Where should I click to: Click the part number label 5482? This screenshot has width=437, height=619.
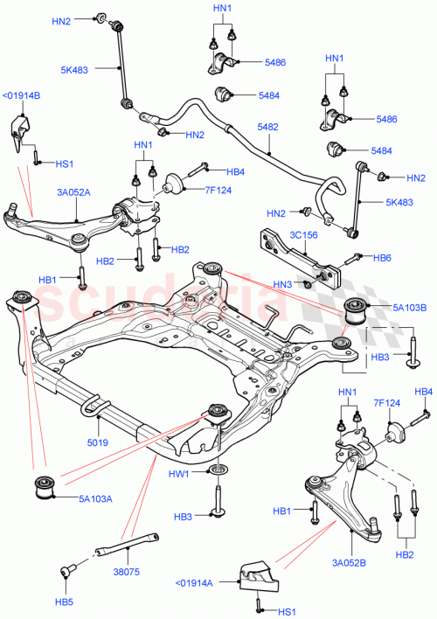tap(269, 127)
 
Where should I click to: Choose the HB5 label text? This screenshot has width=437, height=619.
tap(66, 602)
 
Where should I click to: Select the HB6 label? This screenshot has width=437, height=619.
tap(381, 258)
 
